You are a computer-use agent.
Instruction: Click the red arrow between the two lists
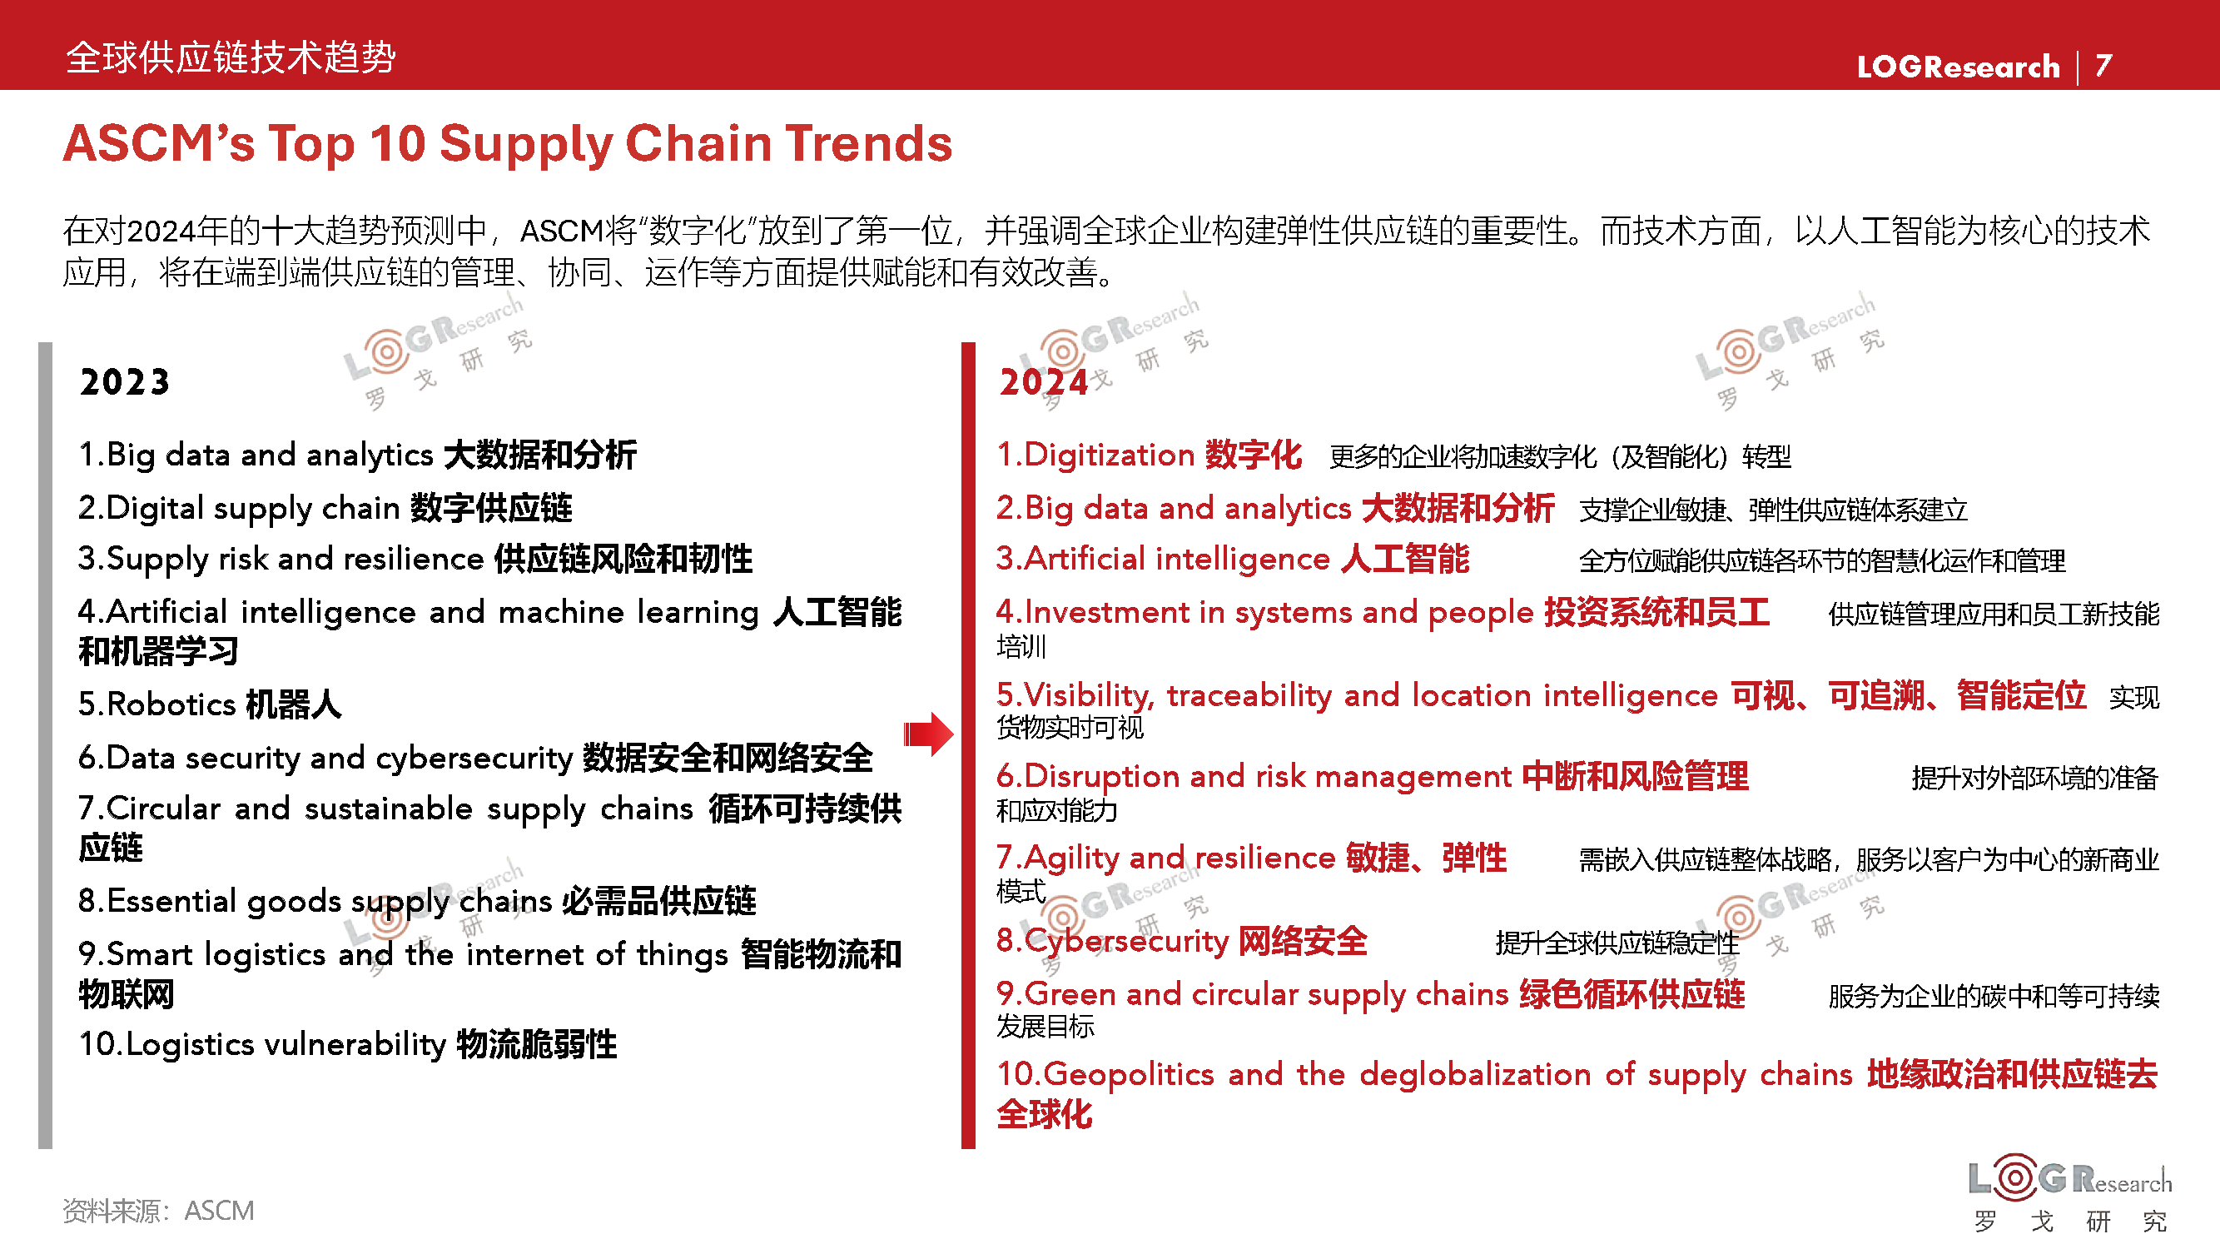pos(928,734)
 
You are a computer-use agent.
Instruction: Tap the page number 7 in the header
pos(2103,66)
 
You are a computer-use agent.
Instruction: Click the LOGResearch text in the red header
pos(1958,67)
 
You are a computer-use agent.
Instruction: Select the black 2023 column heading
pos(125,382)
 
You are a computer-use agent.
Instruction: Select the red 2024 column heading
pos(1044,382)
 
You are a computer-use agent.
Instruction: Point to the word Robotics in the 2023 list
pos(171,704)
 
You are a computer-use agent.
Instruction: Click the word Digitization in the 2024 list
pos(1109,455)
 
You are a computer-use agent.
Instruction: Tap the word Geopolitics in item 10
pos(1129,1075)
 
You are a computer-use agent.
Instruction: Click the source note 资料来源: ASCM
pos(158,1211)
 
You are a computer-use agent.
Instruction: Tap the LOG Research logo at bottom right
pos(2070,1195)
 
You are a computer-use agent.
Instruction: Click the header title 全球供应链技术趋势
pos(231,57)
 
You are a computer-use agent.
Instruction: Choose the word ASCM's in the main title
pos(160,143)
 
